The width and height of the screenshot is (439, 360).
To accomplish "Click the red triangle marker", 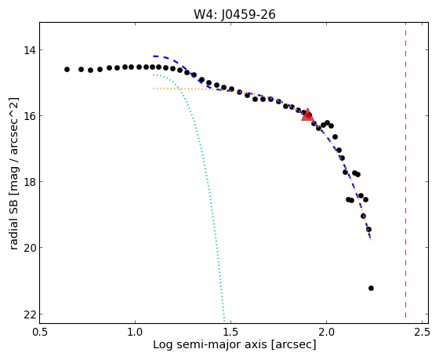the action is (x=307, y=115).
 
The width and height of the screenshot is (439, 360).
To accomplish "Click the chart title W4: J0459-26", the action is (x=234, y=14).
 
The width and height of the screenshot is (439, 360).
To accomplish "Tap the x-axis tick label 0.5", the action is (x=39, y=333).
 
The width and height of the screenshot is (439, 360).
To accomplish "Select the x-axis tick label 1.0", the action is (x=135, y=333).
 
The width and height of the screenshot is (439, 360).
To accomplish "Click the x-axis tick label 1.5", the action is (x=231, y=333).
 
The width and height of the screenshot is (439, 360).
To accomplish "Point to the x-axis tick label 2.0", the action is (x=326, y=333).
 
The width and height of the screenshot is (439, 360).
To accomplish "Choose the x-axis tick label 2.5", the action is (x=422, y=333).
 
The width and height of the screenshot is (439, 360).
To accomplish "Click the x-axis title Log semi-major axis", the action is (x=210, y=345).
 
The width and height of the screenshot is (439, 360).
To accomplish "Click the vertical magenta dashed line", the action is (x=406, y=170).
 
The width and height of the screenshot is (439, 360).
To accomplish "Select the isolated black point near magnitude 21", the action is (x=372, y=289).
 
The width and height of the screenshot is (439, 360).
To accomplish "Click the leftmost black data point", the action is (x=67, y=69).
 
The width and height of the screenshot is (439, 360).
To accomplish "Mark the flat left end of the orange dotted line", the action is (x=154, y=89).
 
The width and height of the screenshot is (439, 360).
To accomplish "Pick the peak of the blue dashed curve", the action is (x=156, y=56).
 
